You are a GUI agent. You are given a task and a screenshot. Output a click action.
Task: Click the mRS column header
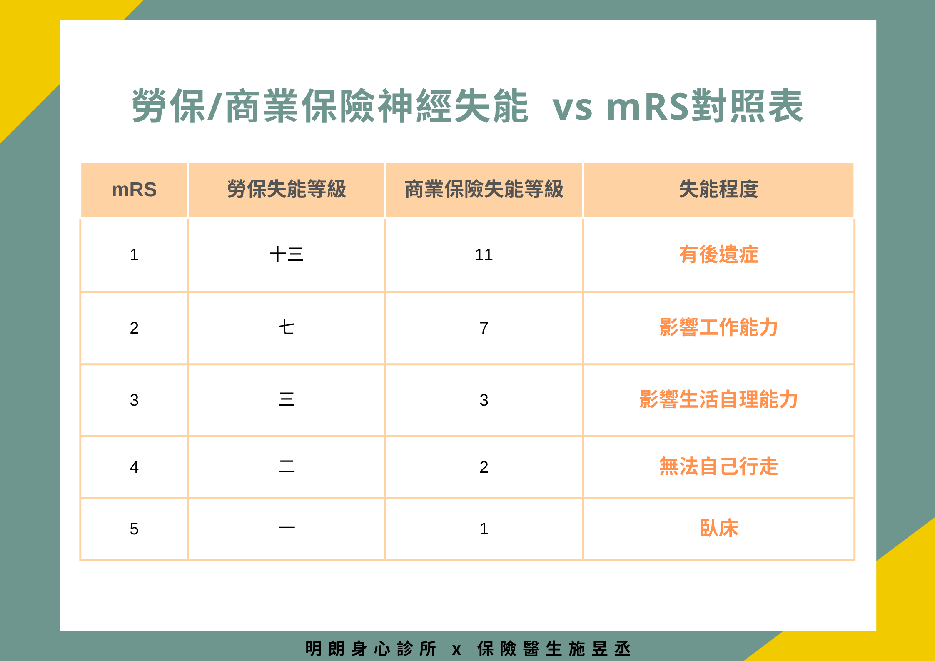point(134,190)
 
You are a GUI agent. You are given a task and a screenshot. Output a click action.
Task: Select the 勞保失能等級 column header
point(287,189)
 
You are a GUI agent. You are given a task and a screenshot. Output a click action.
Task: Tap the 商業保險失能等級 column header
point(484,189)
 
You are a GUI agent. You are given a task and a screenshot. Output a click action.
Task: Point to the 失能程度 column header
point(718,189)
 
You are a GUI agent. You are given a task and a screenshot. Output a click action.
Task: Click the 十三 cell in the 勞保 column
point(287,254)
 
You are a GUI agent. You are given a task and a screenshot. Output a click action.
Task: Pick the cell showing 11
point(484,254)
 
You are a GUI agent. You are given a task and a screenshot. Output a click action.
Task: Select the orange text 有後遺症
point(718,254)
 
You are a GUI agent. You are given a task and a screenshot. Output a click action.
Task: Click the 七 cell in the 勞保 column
point(287,327)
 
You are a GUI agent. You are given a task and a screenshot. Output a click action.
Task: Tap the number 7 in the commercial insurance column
point(484,328)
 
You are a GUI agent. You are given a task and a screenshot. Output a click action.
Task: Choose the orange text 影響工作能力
point(718,327)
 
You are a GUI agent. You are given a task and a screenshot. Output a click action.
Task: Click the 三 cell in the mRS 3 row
point(287,399)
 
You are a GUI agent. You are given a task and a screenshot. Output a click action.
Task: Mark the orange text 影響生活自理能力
point(718,399)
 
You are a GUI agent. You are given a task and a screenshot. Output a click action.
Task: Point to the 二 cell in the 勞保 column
point(287,466)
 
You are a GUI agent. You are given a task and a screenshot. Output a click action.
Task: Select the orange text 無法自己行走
point(718,466)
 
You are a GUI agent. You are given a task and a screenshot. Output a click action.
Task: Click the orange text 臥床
point(718,528)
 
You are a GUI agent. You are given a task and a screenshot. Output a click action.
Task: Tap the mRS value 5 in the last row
point(134,529)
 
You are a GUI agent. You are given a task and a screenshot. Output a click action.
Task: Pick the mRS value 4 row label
point(134,467)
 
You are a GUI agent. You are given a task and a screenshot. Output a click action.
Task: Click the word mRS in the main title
point(648,107)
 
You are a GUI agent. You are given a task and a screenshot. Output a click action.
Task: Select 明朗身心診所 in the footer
point(371,649)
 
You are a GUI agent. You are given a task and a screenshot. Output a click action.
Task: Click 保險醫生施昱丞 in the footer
point(554,649)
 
